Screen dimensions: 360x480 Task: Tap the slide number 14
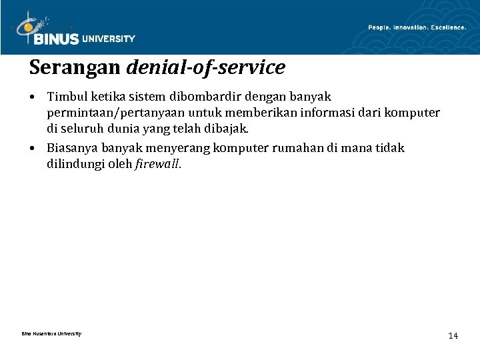[453, 335]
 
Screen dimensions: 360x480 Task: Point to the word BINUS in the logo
[57, 39]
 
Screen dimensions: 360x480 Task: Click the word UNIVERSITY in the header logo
[109, 39]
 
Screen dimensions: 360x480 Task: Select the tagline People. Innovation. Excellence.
[417, 27]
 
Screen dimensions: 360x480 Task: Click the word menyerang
[182, 147]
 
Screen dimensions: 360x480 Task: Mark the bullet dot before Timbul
[33, 98]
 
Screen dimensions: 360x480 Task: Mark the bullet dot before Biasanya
[33, 147]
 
